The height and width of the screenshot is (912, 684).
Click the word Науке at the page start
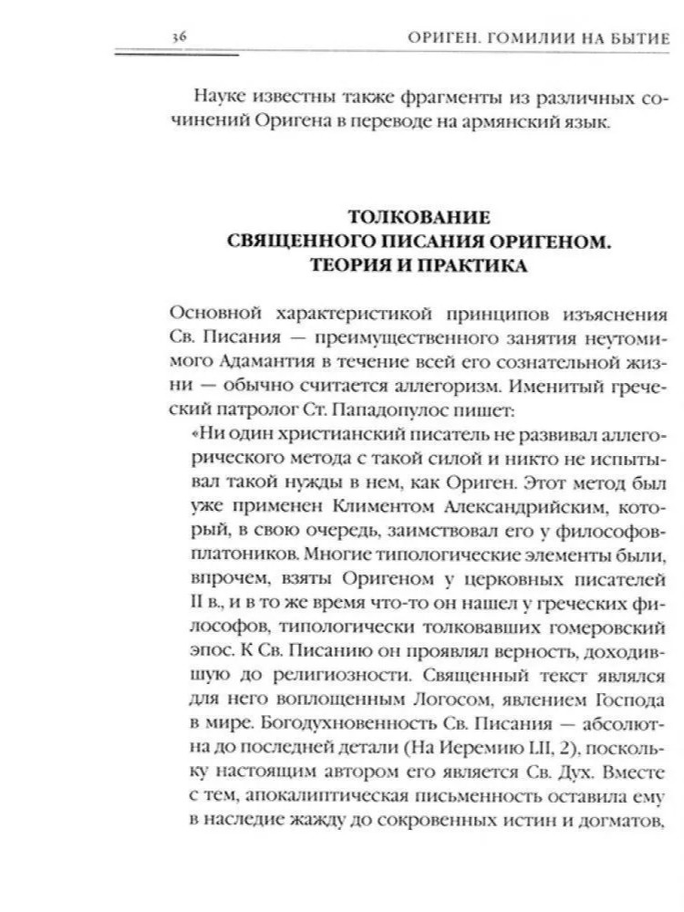coord(223,97)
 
